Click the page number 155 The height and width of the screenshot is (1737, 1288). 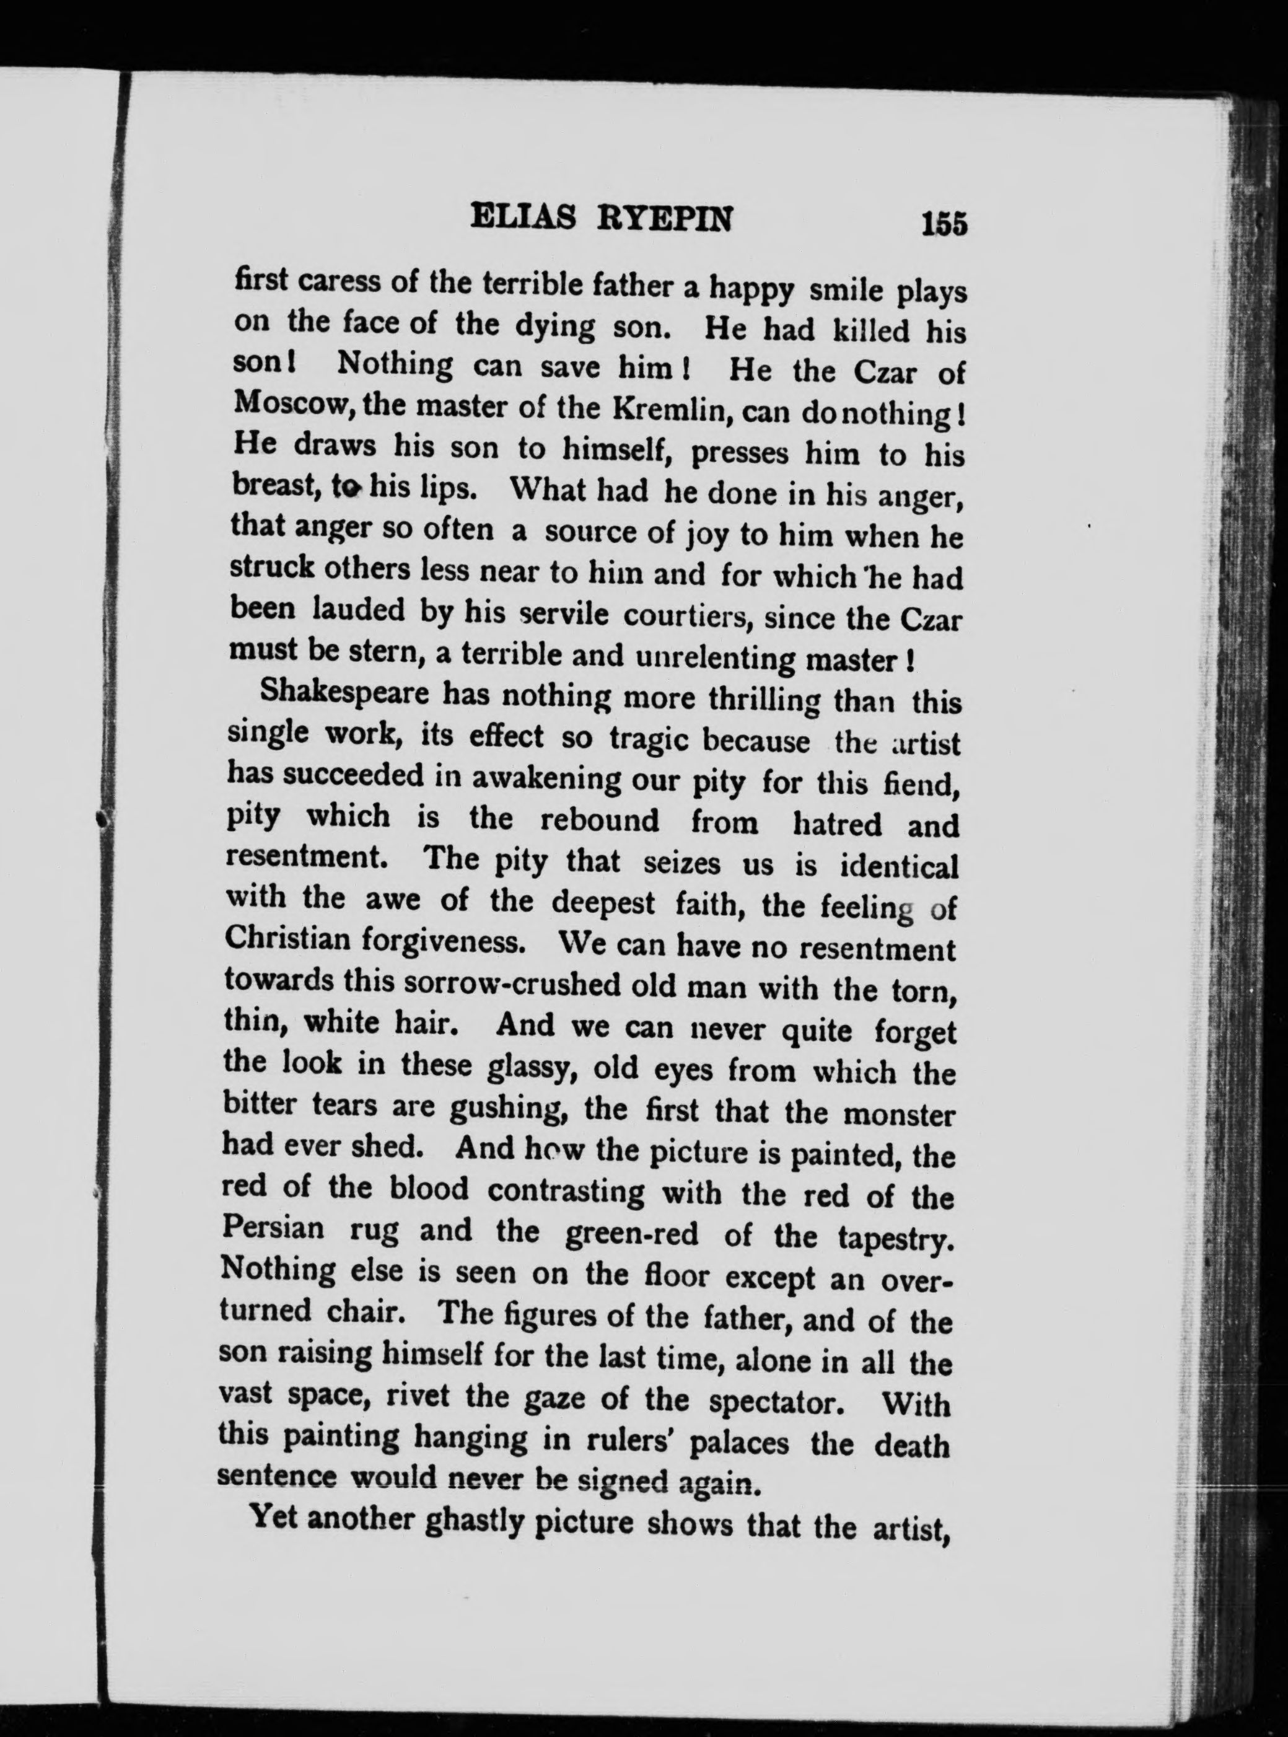tap(944, 223)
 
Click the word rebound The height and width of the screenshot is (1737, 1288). tap(600, 820)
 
